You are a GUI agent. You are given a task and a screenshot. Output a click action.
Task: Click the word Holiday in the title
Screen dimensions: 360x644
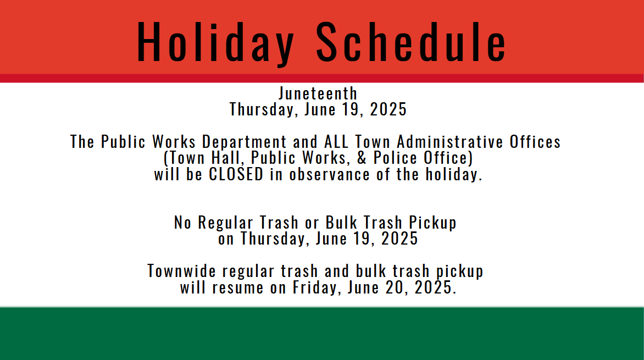(x=215, y=43)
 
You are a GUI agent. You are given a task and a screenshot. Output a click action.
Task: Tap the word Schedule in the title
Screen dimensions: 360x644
(x=411, y=43)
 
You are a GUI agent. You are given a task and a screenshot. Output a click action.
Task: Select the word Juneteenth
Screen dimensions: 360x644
(x=318, y=93)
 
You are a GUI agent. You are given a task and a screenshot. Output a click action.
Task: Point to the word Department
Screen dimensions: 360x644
(x=245, y=142)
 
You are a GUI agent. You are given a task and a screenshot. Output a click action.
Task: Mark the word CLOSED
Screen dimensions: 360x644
(x=237, y=175)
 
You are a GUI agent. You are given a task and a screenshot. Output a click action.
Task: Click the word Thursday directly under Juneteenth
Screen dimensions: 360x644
(x=264, y=110)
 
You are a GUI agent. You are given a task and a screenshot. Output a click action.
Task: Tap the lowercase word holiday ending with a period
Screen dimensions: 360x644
(x=454, y=175)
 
